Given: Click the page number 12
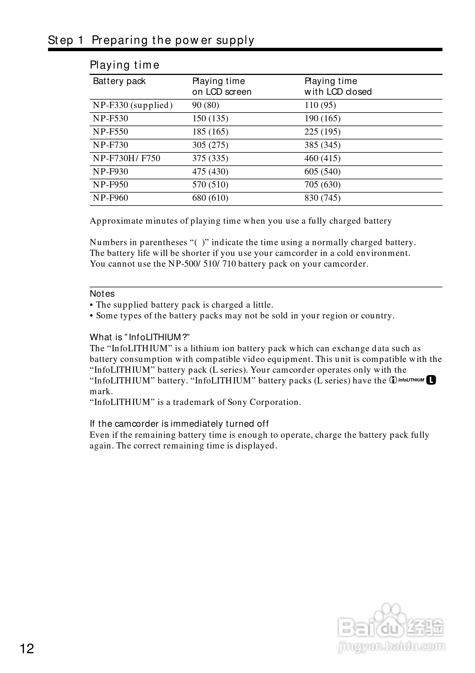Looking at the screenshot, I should [27, 649].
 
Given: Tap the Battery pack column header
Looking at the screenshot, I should [119, 81].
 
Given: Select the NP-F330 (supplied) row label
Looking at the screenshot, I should [132, 105].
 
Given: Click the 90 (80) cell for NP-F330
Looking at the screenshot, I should [206, 105].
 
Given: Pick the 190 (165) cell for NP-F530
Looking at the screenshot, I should [322, 118].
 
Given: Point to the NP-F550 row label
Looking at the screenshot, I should [111, 131].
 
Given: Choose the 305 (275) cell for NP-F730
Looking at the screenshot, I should [210, 145].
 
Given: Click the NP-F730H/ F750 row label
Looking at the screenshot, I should [126, 158].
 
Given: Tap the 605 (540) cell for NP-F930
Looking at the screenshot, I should [322, 171].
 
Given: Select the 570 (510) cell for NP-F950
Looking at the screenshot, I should [210, 185].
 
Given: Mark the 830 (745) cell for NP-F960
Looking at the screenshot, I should [322, 198].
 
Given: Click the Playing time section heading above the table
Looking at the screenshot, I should [124, 65].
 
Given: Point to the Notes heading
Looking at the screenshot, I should [102, 294].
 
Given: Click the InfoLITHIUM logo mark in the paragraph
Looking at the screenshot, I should [407, 380].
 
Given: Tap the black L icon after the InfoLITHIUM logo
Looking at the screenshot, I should [431, 380].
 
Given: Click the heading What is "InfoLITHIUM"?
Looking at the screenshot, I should [140, 337].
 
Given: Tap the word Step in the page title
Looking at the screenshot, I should [60, 40].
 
